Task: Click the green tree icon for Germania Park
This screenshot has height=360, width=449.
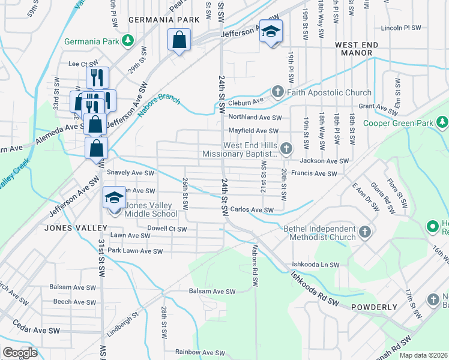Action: [x=127, y=40]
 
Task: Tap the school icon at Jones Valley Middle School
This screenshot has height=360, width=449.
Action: [x=115, y=198]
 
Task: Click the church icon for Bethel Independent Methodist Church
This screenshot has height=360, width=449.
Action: [x=364, y=232]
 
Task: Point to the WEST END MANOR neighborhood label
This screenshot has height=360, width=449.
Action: [x=363, y=45]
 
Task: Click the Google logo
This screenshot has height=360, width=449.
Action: [x=20, y=353]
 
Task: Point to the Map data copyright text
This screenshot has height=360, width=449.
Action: [x=424, y=355]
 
